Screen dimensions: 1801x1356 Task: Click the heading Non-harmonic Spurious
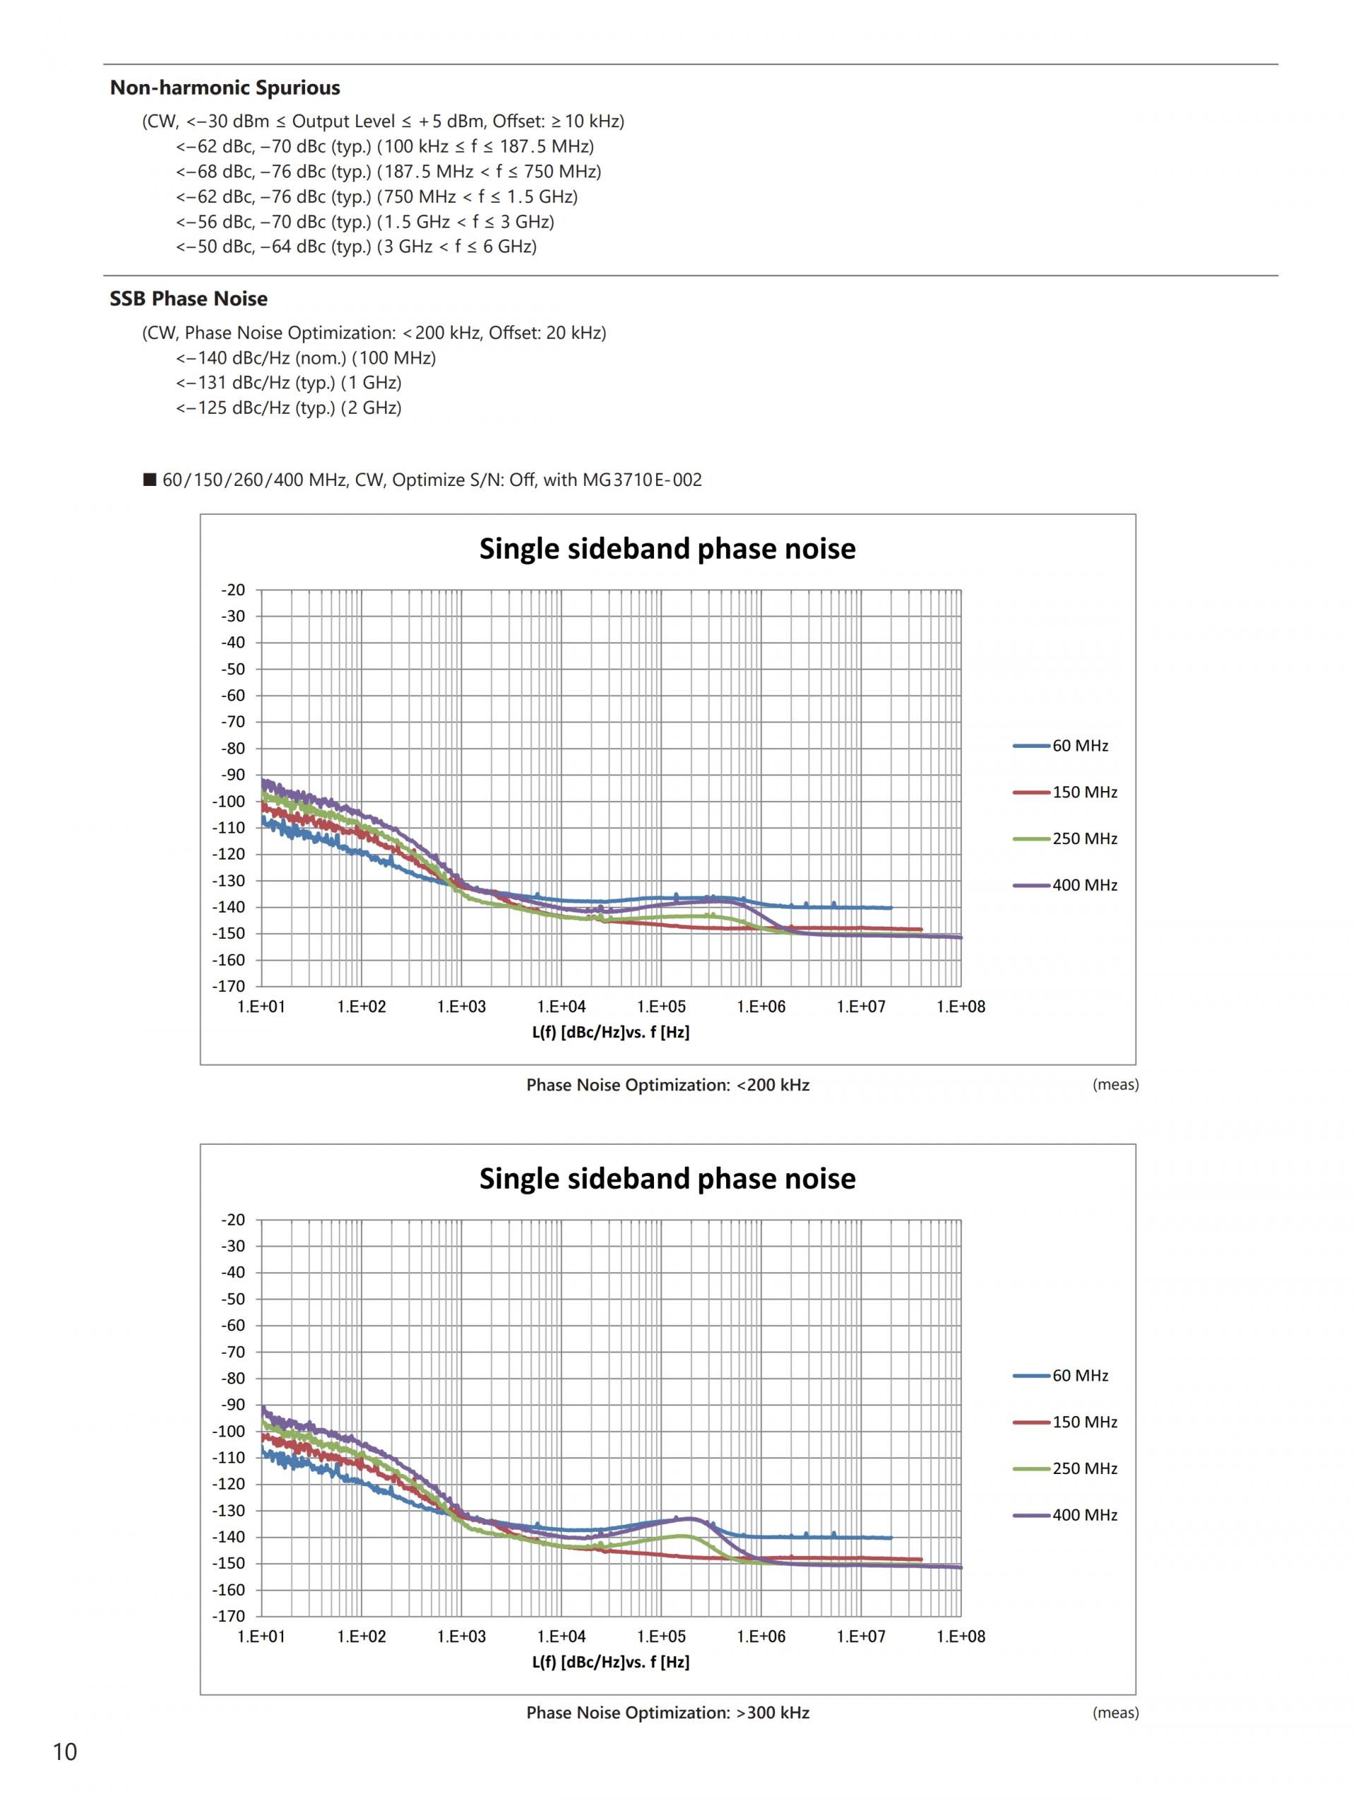point(225,88)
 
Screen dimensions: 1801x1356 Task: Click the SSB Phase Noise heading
point(188,299)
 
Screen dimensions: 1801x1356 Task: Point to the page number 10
point(64,1752)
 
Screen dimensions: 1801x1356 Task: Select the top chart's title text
point(667,549)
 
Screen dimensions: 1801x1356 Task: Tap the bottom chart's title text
point(667,1178)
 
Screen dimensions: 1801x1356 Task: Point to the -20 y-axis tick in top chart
point(234,590)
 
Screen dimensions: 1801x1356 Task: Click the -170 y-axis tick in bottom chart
point(229,1615)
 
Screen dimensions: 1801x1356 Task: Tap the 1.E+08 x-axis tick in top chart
point(961,1007)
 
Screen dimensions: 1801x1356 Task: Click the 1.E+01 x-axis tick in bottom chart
point(261,1636)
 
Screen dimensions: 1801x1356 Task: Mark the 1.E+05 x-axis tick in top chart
point(661,1007)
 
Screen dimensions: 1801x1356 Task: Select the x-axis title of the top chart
point(610,1033)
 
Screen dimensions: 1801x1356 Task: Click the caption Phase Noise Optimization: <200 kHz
point(667,1086)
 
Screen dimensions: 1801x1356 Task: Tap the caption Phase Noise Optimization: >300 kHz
point(667,1712)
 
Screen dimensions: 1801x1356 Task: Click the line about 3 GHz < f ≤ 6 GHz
point(357,246)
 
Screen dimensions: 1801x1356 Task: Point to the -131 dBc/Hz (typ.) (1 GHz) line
point(289,383)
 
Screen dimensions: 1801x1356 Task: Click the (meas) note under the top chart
point(1115,1085)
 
